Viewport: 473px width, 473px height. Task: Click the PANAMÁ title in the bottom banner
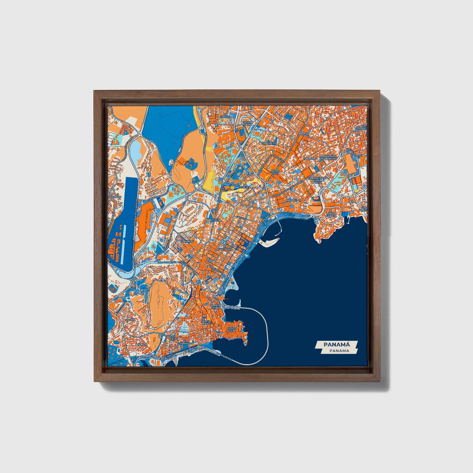click(337, 345)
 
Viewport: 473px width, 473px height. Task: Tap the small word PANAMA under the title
click(339, 351)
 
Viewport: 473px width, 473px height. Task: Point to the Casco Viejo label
click(232, 329)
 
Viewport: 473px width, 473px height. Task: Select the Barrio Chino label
click(216, 306)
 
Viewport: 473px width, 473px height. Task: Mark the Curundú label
click(187, 241)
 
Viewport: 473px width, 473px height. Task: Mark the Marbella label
click(291, 200)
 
